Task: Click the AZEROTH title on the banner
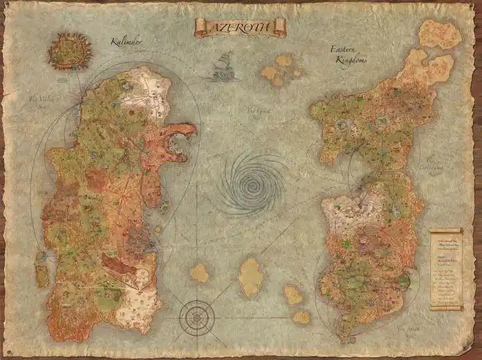pyautogui.click(x=240, y=28)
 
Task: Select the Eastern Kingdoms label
pyautogui.click(x=350, y=55)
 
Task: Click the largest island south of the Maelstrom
pyautogui.click(x=250, y=276)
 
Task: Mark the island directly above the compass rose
pyautogui.click(x=199, y=273)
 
